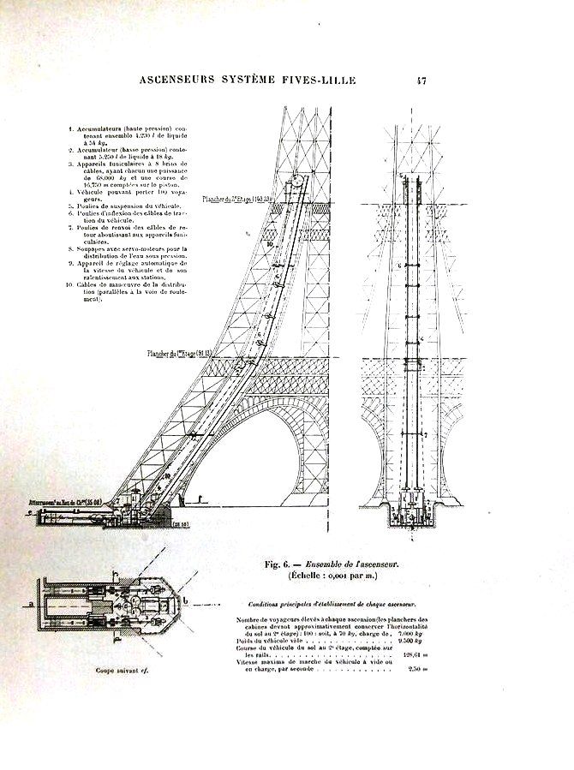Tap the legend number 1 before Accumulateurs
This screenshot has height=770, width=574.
70,128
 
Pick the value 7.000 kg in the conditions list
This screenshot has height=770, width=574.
415,632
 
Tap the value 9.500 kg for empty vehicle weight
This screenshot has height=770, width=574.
414,640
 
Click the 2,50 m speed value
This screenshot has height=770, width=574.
418,669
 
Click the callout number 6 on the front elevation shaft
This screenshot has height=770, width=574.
399,266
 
